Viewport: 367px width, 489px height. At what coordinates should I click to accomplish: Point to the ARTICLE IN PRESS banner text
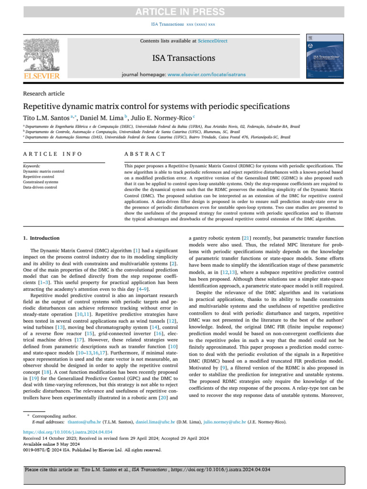[183, 12]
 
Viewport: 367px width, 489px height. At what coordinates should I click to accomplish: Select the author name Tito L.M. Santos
[45, 117]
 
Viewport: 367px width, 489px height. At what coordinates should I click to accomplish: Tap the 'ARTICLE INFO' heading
[53, 154]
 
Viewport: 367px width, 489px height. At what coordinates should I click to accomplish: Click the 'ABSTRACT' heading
[145, 154]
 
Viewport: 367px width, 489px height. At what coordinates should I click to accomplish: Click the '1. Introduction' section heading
[42, 238]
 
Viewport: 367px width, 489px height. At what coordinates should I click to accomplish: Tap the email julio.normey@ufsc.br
[227, 422]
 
